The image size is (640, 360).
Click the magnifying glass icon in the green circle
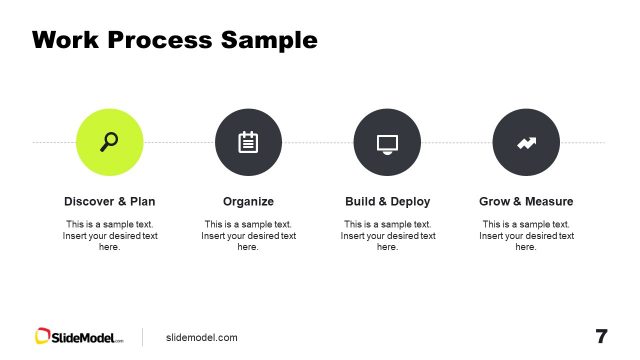(x=110, y=142)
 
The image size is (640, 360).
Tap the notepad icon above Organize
(x=248, y=142)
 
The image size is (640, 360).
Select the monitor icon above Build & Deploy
(x=387, y=143)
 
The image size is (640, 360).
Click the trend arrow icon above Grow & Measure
(x=526, y=143)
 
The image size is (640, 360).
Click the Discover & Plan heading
(x=110, y=201)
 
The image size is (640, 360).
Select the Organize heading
(x=248, y=201)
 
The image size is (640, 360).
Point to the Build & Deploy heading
(x=387, y=201)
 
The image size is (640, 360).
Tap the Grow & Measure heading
(x=526, y=201)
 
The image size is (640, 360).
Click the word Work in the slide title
(x=66, y=40)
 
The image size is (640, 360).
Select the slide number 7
(x=601, y=336)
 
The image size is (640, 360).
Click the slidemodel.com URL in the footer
(x=202, y=338)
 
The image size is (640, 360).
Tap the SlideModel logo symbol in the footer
(x=43, y=337)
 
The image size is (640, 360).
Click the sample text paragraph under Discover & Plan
(x=110, y=235)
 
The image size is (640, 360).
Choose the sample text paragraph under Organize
(x=248, y=235)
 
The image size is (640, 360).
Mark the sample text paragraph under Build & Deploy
(x=387, y=235)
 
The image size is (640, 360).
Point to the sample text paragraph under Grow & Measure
(x=526, y=235)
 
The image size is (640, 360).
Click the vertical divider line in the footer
(x=142, y=337)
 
